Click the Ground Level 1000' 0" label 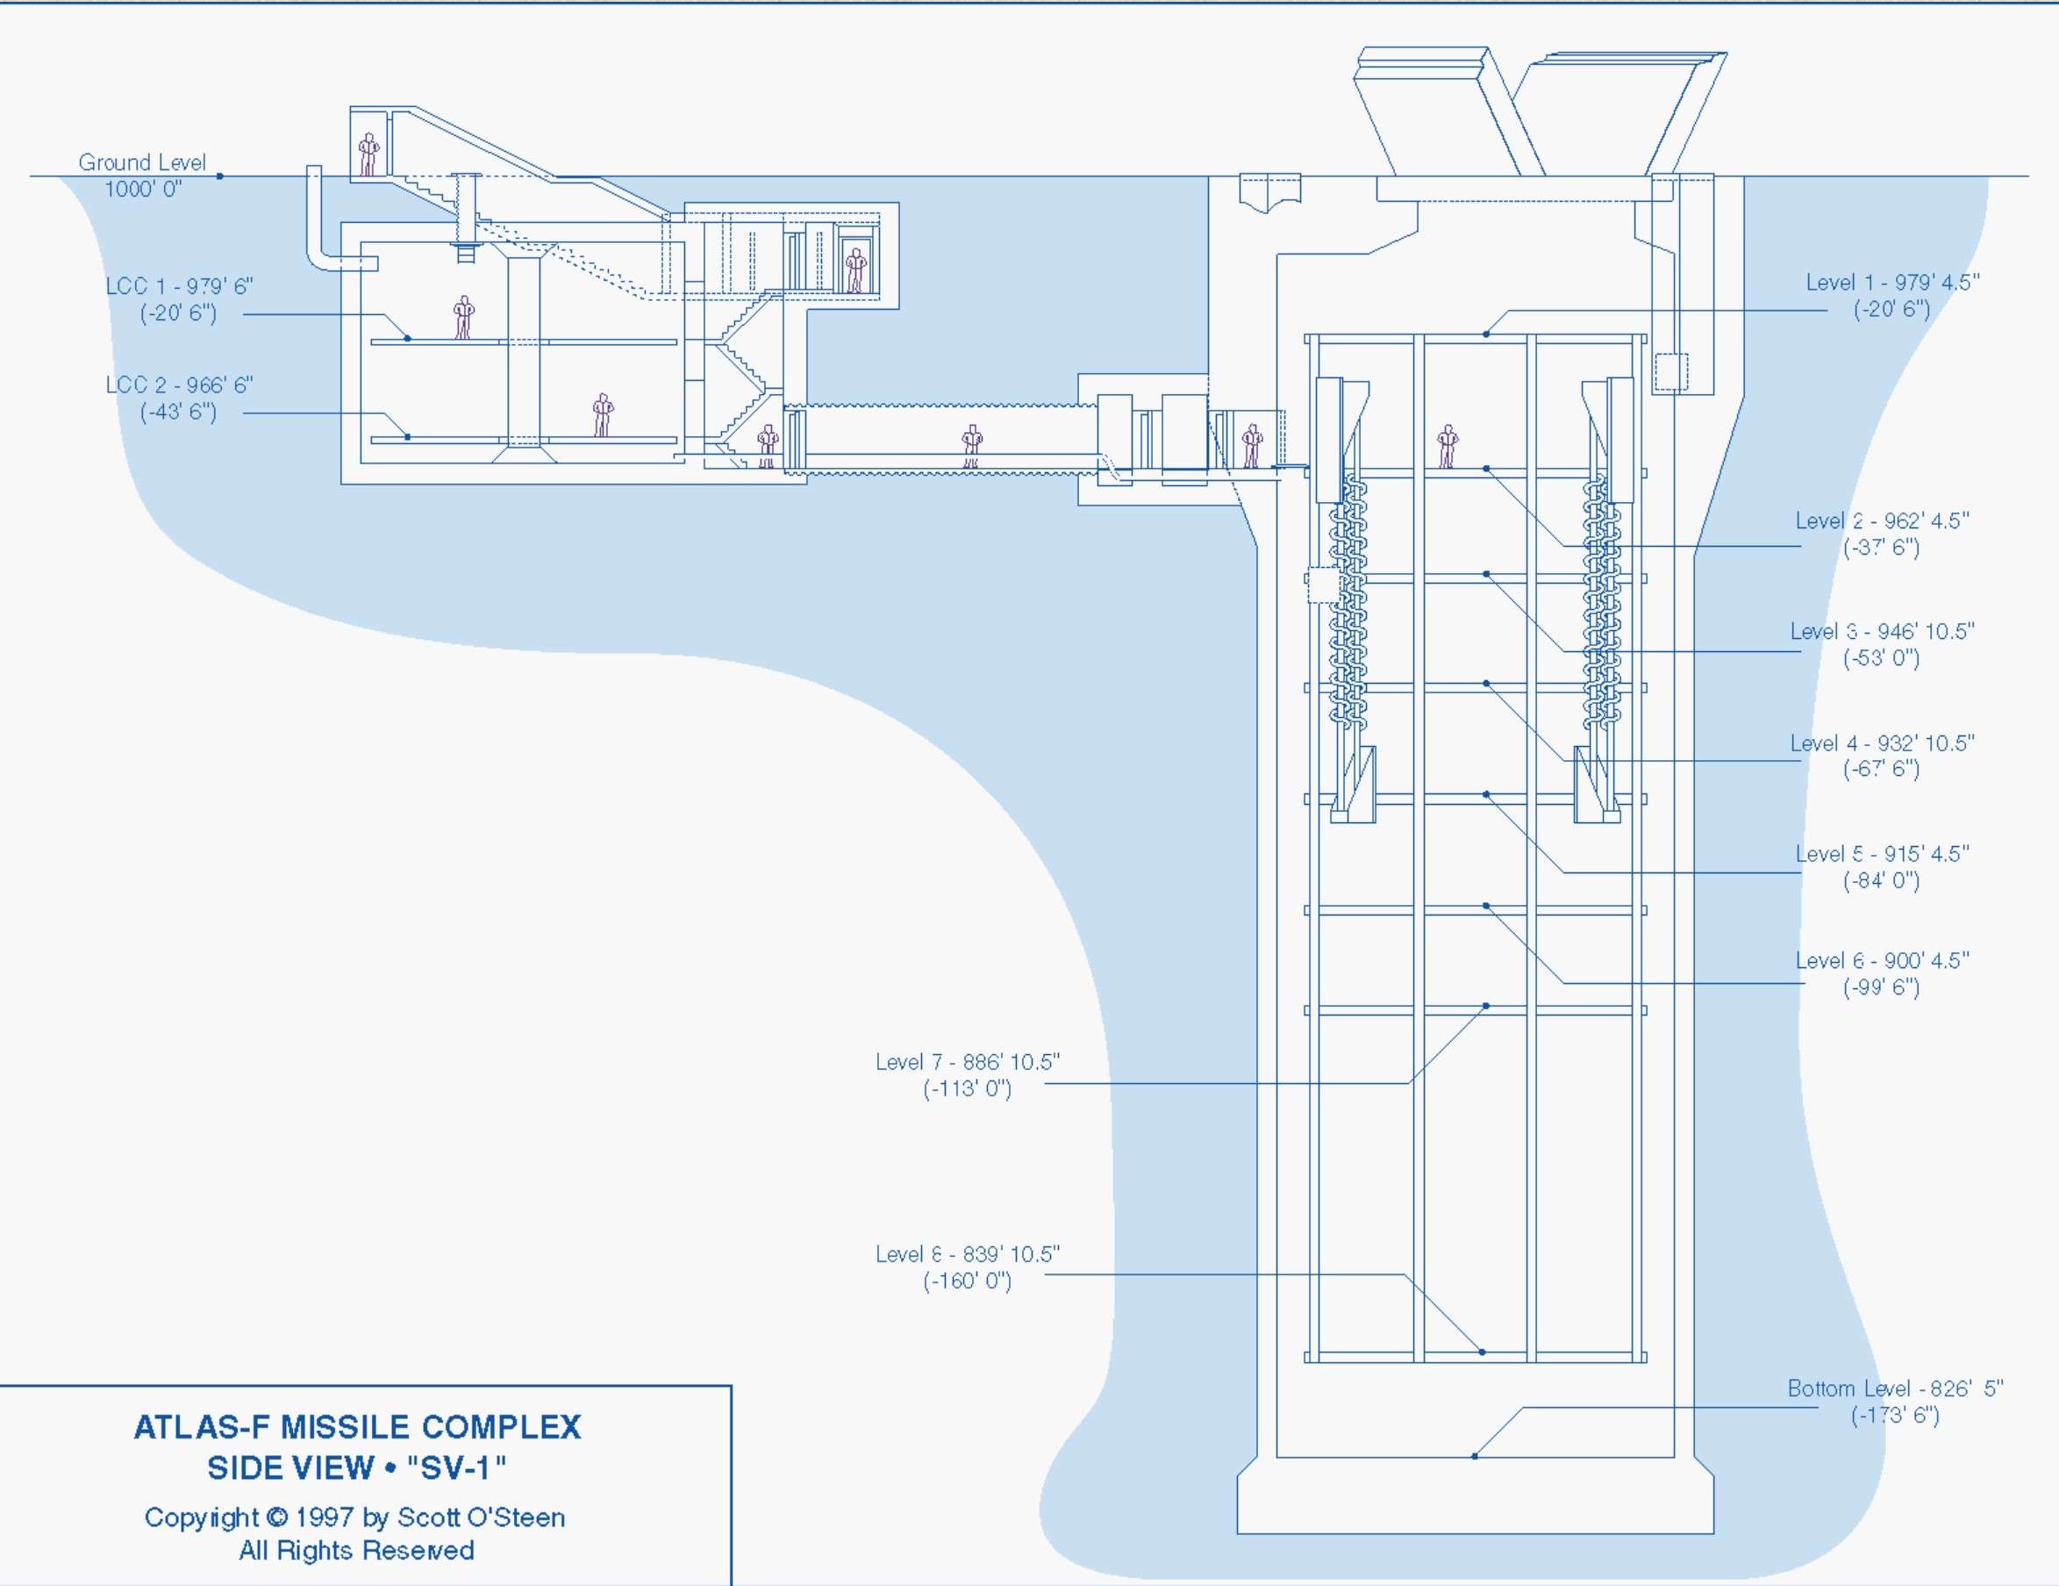(141, 176)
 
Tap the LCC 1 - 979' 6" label (179, 299)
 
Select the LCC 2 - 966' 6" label (179, 398)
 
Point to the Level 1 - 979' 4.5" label (1892, 295)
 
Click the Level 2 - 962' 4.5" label (1882, 534)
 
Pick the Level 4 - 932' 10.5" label (1882, 756)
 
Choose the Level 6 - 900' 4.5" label (1882, 973)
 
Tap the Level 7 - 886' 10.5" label (968, 1075)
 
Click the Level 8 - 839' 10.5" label (968, 1267)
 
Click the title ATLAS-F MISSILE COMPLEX (357, 1426)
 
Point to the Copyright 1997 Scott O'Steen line (354, 1518)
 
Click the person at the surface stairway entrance (368, 154)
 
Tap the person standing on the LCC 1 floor (463, 318)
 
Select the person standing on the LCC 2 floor (603, 416)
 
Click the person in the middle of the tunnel (972, 446)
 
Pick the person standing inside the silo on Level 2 (1448, 447)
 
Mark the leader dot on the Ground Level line (219, 176)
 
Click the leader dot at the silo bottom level (1475, 1457)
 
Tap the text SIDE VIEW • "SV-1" (356, 1468)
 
